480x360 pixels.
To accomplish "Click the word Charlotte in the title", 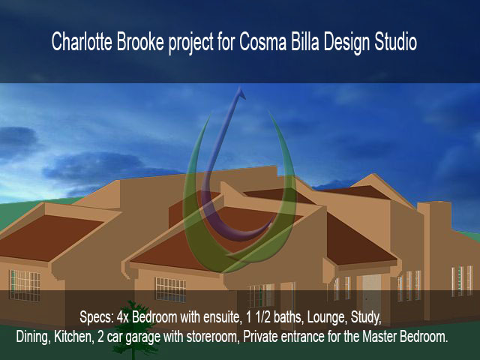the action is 82,42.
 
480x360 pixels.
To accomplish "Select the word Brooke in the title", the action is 140,42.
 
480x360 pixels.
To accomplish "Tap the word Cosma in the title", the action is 262,42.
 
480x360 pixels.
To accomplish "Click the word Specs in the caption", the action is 97,318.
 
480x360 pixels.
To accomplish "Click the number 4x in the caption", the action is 123,318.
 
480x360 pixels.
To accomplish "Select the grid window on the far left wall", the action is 25,285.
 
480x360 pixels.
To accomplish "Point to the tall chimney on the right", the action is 434,260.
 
